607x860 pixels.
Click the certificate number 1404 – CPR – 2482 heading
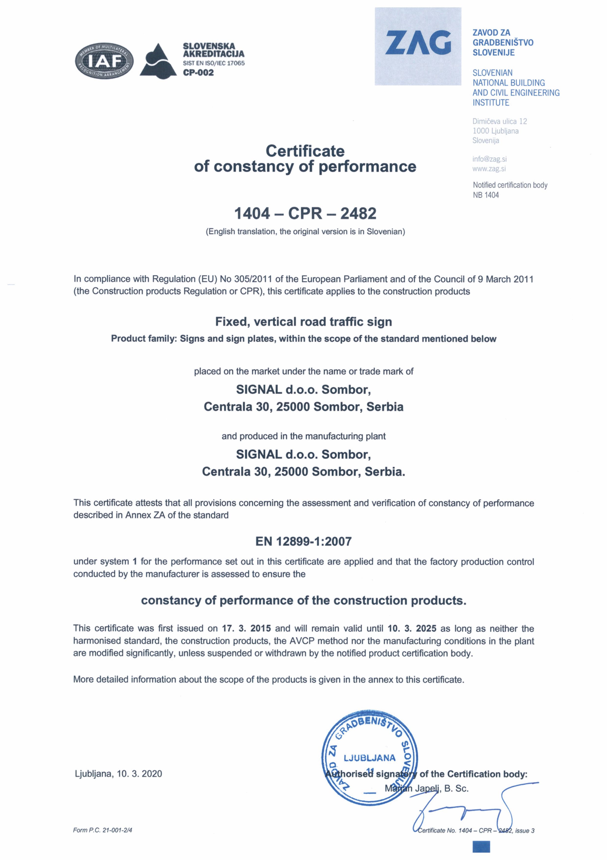305,214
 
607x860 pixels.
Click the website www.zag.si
489,169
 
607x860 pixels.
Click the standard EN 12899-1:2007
304,541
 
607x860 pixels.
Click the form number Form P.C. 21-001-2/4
103,830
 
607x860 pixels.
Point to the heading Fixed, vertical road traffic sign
304,322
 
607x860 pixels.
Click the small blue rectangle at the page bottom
481,847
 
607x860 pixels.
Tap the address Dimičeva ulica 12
499,121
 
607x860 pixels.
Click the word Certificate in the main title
305,151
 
